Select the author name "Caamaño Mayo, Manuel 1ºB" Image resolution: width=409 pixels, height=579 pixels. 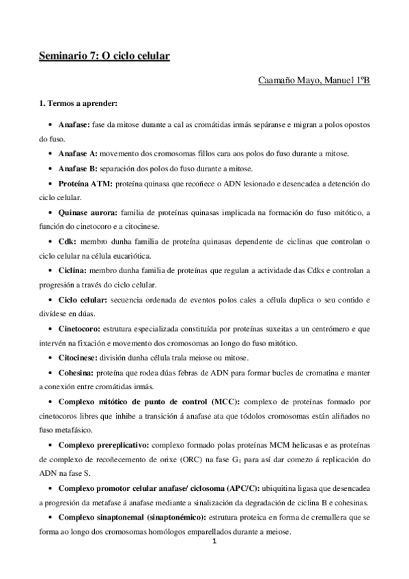pyautogui.click(x=314, y=81)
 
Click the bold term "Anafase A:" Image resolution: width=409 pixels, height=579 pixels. pyautogui.click(x=79, y=154)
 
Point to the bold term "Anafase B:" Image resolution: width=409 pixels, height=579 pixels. pyautogui.click(x=79, y=169)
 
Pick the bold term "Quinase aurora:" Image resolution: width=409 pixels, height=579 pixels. pyautogui.click(x=88, y=214)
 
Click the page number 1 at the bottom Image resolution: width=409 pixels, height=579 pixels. pyautogui.click(x=214, y=544)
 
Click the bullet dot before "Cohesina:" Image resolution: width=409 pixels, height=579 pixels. pyautogui.click(x=52, y=373)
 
